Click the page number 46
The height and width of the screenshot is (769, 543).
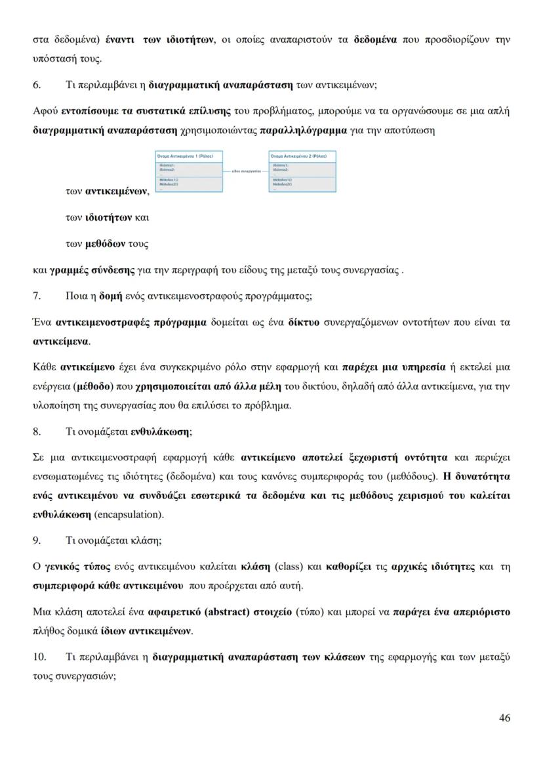point(504,717)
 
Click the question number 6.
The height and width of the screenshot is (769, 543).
point(37,85)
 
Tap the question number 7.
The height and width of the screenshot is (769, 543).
point(37,296)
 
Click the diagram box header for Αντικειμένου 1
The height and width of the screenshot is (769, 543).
point(189,156)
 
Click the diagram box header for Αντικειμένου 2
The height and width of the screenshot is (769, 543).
point(302,156)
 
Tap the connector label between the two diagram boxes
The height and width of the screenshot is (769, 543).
point(245,170)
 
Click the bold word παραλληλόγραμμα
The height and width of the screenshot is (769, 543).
point(304,130)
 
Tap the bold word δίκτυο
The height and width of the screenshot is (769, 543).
point(303,322)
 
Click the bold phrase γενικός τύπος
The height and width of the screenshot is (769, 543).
point(74,566)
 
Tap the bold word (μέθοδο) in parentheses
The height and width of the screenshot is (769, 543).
point(94,386)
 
